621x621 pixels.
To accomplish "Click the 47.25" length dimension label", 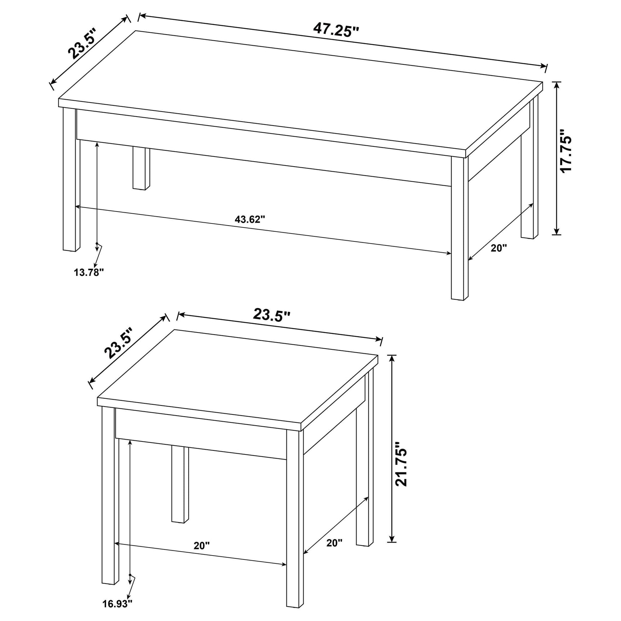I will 336,30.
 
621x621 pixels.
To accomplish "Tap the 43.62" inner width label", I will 250,219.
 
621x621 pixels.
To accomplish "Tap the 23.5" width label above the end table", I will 271,315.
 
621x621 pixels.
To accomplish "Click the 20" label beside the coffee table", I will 499,248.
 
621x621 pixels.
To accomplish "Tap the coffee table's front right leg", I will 459,230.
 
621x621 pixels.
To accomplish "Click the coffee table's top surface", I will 299,90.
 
